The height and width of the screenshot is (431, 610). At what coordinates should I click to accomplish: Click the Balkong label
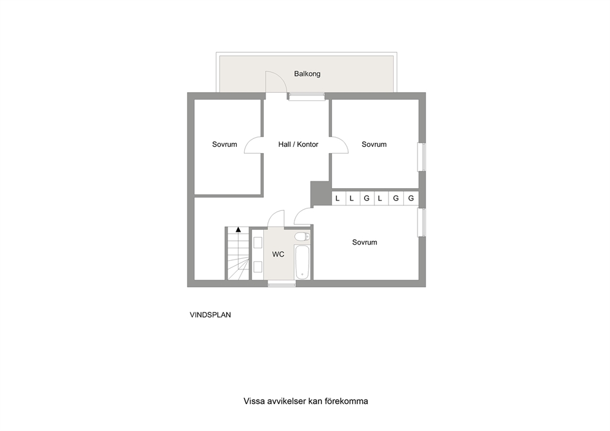point(307,74)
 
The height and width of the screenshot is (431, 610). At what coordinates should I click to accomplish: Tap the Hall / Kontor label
point(298,144)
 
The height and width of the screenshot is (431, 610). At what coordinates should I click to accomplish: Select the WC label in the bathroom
point(278,254)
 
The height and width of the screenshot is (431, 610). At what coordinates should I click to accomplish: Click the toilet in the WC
point(302,237)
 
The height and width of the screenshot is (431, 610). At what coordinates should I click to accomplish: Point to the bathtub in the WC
point(303,262)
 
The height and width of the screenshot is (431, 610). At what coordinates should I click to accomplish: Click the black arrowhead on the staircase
point(238,229)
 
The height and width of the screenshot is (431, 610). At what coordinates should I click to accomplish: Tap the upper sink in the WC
point(258,243)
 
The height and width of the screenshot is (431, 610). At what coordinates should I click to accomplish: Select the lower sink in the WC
point(258,267)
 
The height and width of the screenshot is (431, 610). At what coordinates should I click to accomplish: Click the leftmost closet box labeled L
point(338,199)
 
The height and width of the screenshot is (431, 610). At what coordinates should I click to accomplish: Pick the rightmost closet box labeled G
point(411,199)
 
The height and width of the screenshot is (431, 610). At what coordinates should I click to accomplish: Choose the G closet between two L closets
point(366,199)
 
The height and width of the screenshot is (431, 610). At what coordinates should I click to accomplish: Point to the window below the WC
point(282,285)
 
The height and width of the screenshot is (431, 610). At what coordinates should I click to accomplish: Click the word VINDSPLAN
point(210,315)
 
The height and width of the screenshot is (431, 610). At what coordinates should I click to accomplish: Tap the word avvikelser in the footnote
point(287,401)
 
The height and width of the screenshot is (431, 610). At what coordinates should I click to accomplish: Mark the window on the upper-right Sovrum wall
point(422,157)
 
